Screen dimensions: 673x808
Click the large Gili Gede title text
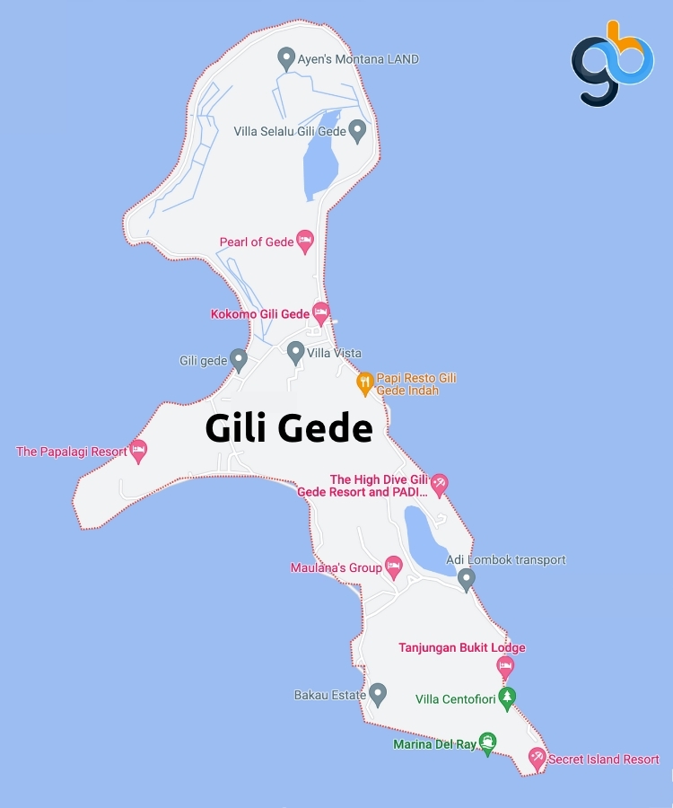(x=288, y=428)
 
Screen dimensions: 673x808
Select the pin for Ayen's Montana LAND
(x=286, y=58)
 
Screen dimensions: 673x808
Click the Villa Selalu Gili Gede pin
(x=357, y=130)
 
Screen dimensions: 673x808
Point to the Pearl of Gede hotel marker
(x=305, y=241)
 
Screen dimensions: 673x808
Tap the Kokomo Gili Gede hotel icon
(x=321, y=312)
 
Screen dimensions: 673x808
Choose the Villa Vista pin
(x=295, y=352)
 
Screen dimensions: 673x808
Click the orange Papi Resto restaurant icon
(x=364, y=383)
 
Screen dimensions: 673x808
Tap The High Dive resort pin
(x=439, y=485)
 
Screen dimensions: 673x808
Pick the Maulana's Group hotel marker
(x=393, y=566)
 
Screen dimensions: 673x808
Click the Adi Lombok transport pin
(x=466, y=578)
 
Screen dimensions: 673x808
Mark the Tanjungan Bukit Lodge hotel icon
(x=505, y=666)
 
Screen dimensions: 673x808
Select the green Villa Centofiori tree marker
(x=507, y=698)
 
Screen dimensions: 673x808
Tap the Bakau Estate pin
(x=378, y=693)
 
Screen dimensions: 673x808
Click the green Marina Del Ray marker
(x=487, y=742)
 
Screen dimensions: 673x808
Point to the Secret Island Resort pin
(x=537, y=758)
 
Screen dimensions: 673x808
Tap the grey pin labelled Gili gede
(x=238, y=359)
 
